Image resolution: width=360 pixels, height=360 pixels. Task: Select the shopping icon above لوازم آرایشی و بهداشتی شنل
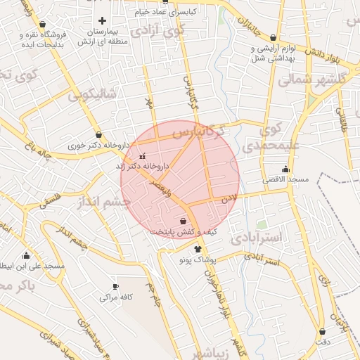click(273, 37)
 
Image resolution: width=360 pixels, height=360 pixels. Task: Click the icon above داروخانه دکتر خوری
click(98, 134)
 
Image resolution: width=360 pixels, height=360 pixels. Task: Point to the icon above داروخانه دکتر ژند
click(143, 156)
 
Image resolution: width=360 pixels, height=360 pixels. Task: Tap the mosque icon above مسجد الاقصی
click(285, 169)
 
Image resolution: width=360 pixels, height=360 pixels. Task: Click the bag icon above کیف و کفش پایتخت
click(183, 221)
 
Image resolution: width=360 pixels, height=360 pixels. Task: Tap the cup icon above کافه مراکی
click(116, 287)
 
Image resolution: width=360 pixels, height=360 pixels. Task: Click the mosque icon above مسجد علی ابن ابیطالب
click(27, 255)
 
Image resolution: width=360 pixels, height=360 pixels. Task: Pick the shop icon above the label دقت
click(322, 331)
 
